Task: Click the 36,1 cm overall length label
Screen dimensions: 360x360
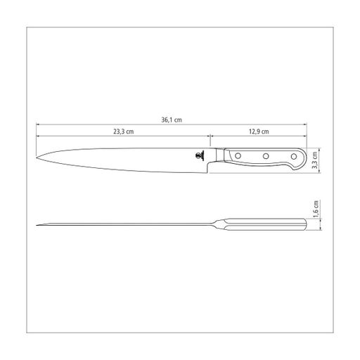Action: [x=172, y=120]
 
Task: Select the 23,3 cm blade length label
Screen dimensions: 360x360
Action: [x=124, y=131]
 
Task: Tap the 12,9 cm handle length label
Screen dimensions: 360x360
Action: [x=259, y=131]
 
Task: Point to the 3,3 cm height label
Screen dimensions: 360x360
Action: [x=315, y=160]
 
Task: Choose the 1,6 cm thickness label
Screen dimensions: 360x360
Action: [x=316, y=209]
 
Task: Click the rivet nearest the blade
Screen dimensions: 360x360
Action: [x=238, y=155]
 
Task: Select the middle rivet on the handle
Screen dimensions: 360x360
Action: [x=266, y=156]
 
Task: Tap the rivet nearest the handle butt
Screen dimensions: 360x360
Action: [x=294, y=156]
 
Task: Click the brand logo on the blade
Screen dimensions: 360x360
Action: [x=200, y=155]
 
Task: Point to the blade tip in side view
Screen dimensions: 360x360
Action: [x=37, y=157]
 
